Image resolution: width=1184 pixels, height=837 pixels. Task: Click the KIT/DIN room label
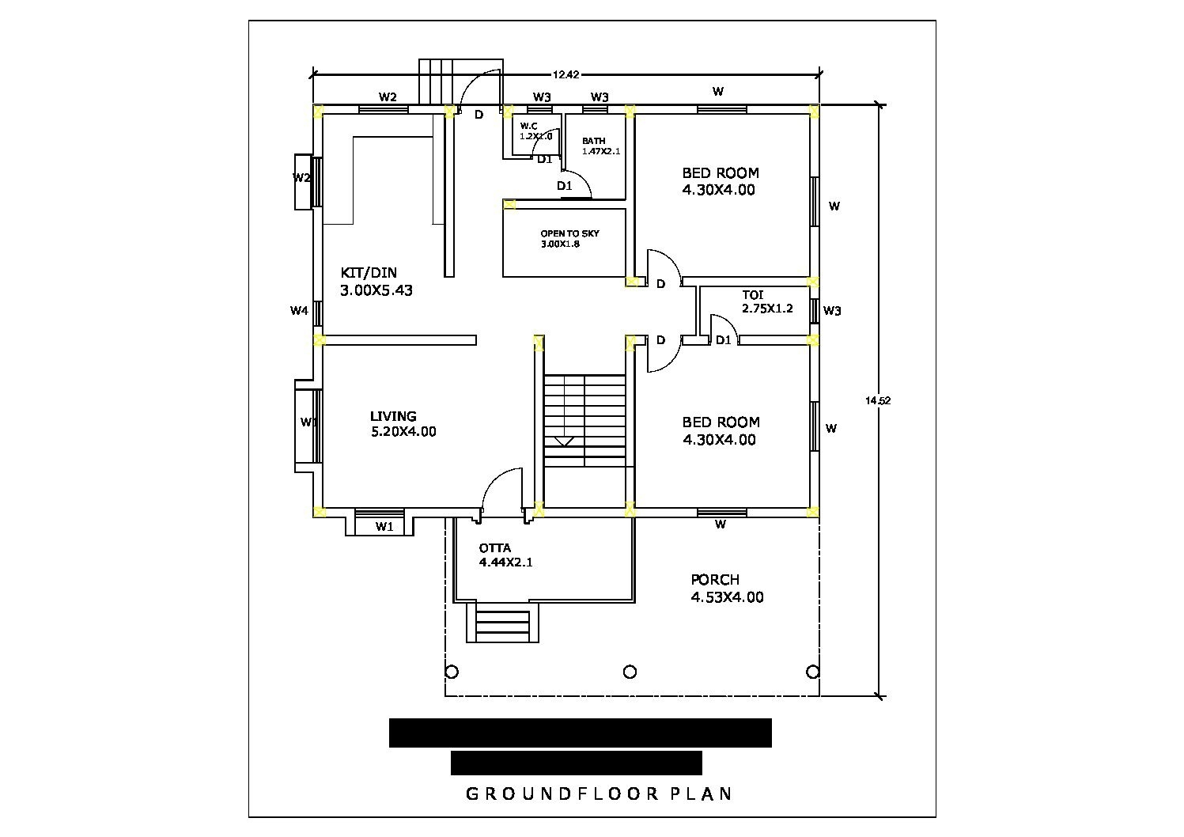click(369, 273)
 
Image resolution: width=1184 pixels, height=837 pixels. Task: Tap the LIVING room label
click(393, 416)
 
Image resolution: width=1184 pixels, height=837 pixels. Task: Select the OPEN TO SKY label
click(569, 233)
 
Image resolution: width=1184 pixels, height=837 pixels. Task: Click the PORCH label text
click(715, 580)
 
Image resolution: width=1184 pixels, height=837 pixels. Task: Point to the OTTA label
click(495, 548)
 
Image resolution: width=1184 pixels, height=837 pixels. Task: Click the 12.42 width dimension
click(566, 75)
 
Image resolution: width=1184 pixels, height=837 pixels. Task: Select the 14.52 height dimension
click(878, 401)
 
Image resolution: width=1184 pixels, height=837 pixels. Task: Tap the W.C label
click(528, 126)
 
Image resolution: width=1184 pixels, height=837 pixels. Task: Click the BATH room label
click(594, 141)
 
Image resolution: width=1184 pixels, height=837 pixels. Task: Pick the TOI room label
click(753, 295)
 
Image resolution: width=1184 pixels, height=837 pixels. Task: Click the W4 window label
click(298, 311)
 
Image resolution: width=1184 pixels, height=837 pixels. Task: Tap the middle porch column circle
click(630, 672)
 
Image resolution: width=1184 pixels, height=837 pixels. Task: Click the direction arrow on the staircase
click(564, 441)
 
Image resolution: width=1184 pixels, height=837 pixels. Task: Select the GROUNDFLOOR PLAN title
click(599, 793)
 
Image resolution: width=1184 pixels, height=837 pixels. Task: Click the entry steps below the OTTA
click(501, 624)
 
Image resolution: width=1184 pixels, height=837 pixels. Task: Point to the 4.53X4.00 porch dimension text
click(727, 597)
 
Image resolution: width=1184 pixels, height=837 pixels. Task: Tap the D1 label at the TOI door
click(723, 340)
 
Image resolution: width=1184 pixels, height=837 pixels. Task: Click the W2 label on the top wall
click(388, 97)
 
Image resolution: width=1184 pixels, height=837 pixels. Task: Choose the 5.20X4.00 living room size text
click(403, 432)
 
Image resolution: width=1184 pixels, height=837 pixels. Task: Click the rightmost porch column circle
click(812, 672)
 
